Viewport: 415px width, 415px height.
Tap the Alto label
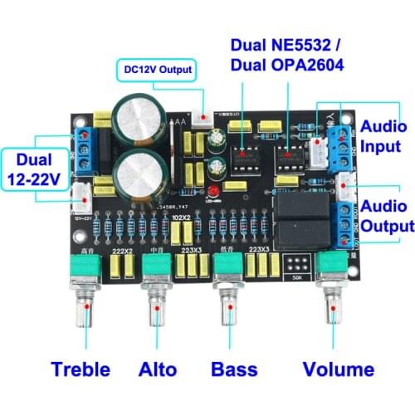click(x=157, y=369)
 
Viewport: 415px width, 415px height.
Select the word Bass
click(x=234, y=369)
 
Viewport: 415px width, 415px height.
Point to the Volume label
click(x=338, y=369)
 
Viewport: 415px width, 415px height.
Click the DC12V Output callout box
click(x=158, y=71)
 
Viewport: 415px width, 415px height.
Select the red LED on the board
click(x=213, y=193)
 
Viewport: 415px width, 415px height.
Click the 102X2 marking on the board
click(x=182, y=217)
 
